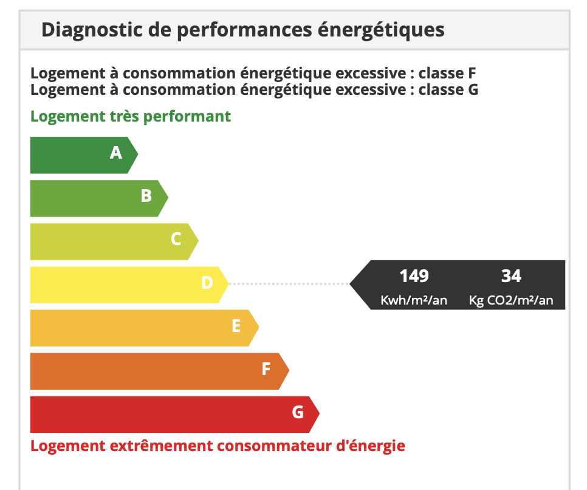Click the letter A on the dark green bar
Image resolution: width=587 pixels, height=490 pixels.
pyautogui.click(x=116, y=153)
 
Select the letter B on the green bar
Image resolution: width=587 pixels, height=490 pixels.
pyautogui.click(x=146, y=196)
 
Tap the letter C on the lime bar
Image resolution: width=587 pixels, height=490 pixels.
pyautogui.click(x=176, y=239)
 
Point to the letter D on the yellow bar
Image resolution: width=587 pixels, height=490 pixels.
pyautogui.click(x=207, y=282)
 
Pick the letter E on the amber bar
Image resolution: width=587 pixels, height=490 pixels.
pyautogui.click(x=236, y=326)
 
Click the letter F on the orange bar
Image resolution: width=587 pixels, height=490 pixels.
pyautogui.click(x=266, y=368)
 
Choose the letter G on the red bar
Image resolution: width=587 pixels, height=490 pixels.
pyautogui.click(x=298, y=412)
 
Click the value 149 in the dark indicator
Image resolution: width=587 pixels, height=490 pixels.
pyautogui.click(x=414, y=276)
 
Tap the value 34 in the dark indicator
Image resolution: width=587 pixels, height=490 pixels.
pyautogui.click(x=511, y=276)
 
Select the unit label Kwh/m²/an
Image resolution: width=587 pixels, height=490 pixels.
pyautogui.click(x=414, y=300)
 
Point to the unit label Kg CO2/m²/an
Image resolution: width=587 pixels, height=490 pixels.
pyautogui.click(x=511, y=300)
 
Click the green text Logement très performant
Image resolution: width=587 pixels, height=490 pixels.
pyautogui.click(x=131, y=116)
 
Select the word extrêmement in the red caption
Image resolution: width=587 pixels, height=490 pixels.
pyautogui.click(x=161, y=446)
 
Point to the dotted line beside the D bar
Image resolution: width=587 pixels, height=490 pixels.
pyautogui.click(x=289, y=283)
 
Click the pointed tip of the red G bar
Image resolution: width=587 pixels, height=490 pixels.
pyautogui.click(x=318, y=414)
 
